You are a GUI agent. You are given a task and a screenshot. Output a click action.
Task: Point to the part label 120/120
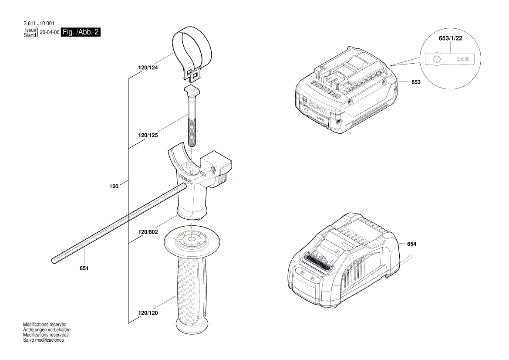coord(148,313)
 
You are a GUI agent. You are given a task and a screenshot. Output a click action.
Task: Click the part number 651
coord(84,268)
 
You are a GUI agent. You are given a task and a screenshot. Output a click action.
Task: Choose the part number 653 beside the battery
coord(416,82)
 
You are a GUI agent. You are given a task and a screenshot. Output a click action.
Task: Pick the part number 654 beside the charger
coord(412,244)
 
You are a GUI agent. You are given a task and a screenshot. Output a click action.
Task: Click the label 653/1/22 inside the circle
coord(450,39)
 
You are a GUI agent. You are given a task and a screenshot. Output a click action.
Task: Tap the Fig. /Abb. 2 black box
coord(81,32)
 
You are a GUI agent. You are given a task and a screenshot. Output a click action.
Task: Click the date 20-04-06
coord(50,33)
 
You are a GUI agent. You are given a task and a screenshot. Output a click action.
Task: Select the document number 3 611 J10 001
coord(39,24)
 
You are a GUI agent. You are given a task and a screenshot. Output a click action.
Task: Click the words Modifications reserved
coord(45,325)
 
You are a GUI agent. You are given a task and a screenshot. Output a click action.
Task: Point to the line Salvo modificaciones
coord(44,340)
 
